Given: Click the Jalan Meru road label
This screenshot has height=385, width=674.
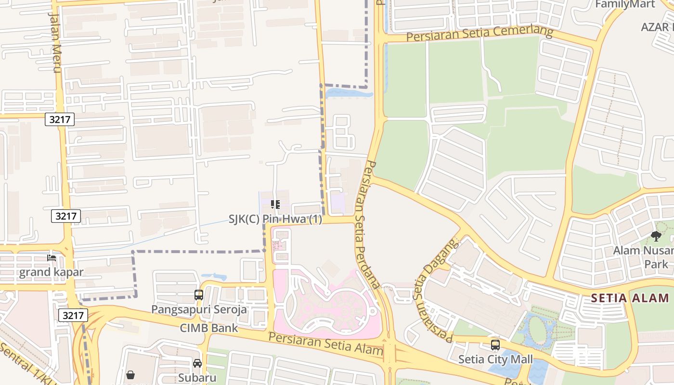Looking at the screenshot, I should [55, 42].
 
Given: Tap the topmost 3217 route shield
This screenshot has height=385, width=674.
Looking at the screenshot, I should [60, 119].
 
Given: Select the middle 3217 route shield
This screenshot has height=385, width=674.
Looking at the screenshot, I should [66, 216].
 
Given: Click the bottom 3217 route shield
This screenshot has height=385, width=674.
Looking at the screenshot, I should [73, 315].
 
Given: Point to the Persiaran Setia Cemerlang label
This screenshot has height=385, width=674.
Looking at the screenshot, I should [480, 34].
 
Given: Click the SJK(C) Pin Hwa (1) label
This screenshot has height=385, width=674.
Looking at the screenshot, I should [275, 219].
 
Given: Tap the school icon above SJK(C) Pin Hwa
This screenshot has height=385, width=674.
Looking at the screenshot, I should [275, 205].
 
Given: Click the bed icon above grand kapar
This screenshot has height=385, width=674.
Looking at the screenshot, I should [52, 258].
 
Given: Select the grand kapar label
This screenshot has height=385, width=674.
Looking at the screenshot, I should [52, 272].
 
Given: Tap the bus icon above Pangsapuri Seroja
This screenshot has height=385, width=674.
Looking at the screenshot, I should [199, 295].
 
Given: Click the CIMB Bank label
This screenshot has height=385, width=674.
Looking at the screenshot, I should [209, 328].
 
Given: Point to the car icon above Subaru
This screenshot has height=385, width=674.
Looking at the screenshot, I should [197, 363].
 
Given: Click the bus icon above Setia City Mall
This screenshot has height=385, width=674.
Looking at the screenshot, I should [495, 345].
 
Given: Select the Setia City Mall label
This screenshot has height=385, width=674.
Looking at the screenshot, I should [495, 359].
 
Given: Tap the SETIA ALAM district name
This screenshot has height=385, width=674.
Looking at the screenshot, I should [630, 298].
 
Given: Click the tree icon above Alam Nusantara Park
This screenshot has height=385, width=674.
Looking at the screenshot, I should [656, 236].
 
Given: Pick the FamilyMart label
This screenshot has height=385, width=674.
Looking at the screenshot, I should [625, 4].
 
